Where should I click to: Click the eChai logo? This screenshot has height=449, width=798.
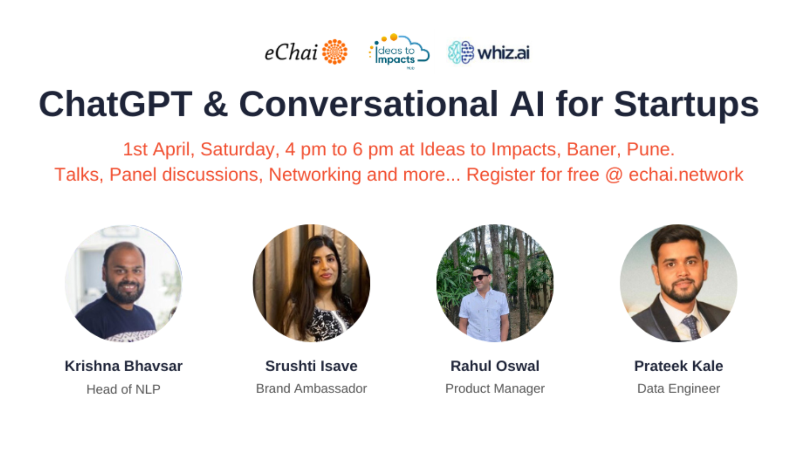pyautogui.click(x=306, y=52)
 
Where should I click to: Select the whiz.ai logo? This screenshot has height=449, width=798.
pyautogui.click(x=489, y=53)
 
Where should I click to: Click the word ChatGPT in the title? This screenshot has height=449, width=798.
pyautogui.click(x=116, y=104)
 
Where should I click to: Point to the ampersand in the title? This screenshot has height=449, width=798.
pyautogui.click(x=215, y=104)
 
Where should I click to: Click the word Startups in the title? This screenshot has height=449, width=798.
pyautogui.click(x=686, y=105)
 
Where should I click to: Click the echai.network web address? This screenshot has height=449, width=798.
pyautogui.click(x=686, y=175)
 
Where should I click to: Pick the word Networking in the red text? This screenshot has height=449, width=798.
pyautogui.click(x=315, y=175)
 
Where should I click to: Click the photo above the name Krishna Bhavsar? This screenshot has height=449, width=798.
pyautogui.click(x=123, y=284)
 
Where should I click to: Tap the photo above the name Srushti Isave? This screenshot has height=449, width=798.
pyautogui.click(x=311, y=284)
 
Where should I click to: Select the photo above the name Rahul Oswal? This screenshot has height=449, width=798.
pyautogui.click(x=495, y=284)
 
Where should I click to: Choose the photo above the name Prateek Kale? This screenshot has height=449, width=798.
pyautogui.click(x=678, y=284)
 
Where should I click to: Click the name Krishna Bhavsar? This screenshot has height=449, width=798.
pyautogui.click(x=123, y=366)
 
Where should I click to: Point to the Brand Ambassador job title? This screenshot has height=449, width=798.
pyautogui.click(x=311, y=388)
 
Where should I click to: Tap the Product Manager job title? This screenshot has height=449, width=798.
pyautogui.click(x=495, y=388)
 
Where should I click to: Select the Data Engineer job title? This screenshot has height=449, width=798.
pyautogui.click(x=678, y=388)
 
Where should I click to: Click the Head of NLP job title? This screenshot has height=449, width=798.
pyautogui.click(x=123, y=389)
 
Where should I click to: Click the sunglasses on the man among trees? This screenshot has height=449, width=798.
pyautogui.click(x=480, y=277)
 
